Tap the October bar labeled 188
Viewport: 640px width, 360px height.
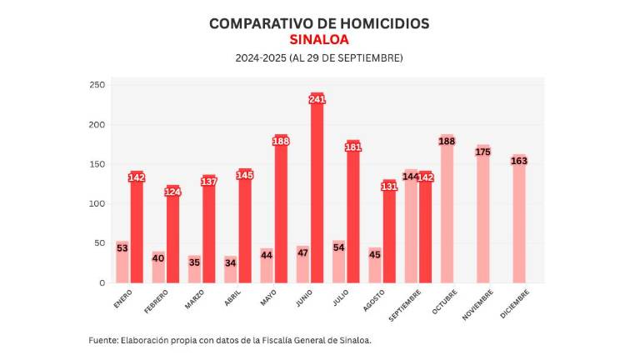click(447, 217)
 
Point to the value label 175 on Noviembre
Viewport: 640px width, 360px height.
click(483, 152)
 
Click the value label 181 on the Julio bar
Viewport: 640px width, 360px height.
click(352, 147)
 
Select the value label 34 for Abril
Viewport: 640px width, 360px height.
click(231, 263)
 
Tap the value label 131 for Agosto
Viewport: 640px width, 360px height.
click(389, 187)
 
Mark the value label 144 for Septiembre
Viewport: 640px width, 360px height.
click(410, 177)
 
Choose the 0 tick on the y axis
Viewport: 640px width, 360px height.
click(101, 283)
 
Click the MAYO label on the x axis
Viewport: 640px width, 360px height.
click(267, 297)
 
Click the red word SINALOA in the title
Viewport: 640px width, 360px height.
click(319, 39)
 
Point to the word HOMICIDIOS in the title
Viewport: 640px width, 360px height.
click(382, 23)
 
